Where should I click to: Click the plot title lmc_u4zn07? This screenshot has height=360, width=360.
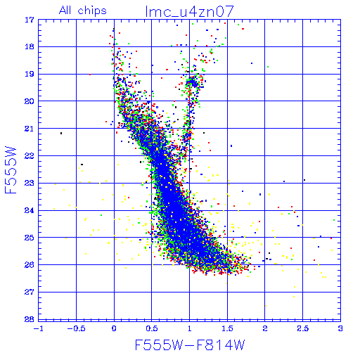pos(190,11)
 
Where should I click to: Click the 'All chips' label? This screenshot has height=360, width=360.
pos(83,11)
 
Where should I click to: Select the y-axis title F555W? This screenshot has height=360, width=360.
pos(11,170)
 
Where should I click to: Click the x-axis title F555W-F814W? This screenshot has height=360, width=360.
pos(190,345)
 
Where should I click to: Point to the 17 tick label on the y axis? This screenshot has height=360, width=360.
pos(30,20)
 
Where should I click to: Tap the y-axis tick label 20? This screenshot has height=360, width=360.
pos(30,101)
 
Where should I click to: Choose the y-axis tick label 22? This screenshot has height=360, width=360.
pos(30,156)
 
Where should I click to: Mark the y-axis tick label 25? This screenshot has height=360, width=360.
pos(30,238)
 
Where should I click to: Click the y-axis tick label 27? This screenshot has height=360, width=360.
pos(30,292)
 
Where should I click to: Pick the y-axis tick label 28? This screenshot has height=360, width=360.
pos(30,319)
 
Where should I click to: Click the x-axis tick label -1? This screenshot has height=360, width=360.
pos(38,328)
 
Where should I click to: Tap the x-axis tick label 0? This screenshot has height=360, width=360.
pos(114,328)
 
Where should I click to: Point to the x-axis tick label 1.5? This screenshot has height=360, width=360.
pos(227,328)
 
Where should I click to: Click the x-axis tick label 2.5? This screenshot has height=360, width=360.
pos(303,328)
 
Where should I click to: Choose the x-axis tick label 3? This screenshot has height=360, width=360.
pos(340,328)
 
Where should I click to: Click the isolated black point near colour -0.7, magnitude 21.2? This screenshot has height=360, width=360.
pos(61,133)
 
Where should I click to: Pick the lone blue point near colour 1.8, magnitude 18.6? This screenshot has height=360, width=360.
pos(252,63)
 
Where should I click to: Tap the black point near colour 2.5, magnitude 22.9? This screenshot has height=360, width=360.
pos(304,180)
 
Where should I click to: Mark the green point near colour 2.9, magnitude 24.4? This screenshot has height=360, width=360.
pos(334,220)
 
